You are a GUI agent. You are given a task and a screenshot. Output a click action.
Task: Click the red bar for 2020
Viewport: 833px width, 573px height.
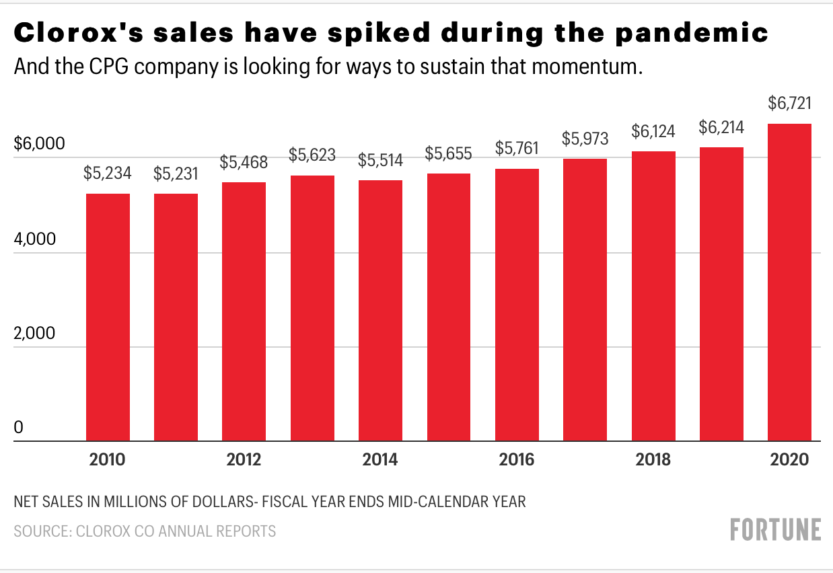point(789,282)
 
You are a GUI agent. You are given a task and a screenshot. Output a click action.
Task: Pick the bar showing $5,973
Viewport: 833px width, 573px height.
point(585,300)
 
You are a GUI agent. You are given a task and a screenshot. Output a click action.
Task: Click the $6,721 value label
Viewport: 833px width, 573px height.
point(789,104)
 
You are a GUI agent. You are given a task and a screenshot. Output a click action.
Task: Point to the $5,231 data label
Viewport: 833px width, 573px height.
point(176,174)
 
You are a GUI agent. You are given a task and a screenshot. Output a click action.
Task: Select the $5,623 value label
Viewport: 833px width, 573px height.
point(312,155)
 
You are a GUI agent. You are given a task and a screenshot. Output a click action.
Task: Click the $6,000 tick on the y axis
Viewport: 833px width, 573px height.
point(38,144)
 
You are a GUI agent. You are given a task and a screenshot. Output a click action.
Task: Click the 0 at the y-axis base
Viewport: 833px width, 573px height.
point(19,428)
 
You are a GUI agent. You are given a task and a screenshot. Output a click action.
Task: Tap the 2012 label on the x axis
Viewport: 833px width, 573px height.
point(244,461)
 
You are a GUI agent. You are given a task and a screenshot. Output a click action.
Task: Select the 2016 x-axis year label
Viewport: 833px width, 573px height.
point(516,461)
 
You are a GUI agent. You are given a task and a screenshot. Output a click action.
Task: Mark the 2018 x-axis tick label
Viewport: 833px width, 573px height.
point(653,461)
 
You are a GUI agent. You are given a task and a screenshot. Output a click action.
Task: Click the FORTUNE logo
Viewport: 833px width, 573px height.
point(776,529)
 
